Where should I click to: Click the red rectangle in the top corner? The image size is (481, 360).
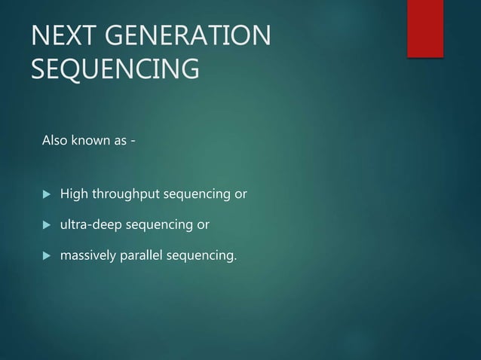click(425, 28)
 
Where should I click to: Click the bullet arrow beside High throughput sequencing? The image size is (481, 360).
click(44, 196)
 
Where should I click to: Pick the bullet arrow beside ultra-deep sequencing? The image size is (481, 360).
click(44, 225)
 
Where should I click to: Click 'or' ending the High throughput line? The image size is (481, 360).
click(240, 196)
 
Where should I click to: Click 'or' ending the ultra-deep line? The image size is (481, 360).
click(203, 225)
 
